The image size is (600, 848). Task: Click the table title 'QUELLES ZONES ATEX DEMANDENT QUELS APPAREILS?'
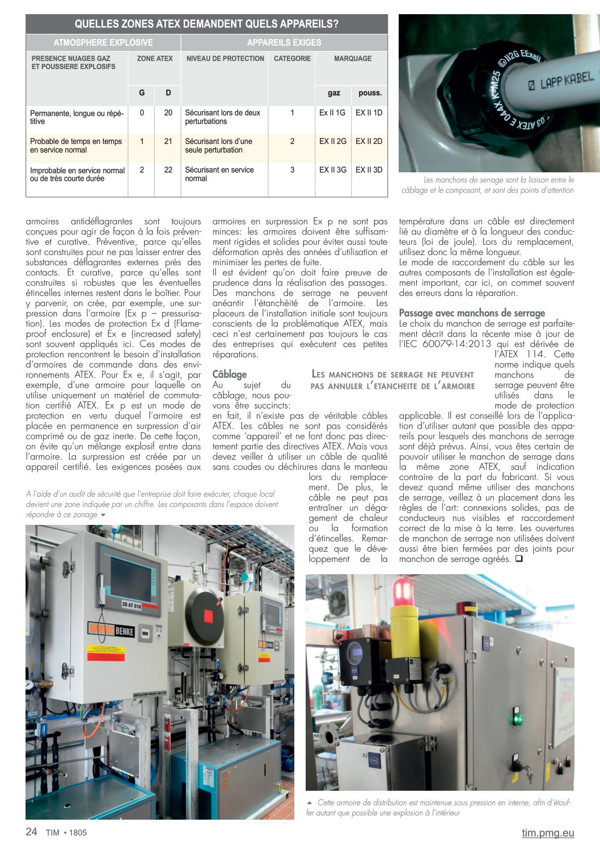click(206, 24)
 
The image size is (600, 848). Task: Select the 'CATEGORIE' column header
click(292, 58)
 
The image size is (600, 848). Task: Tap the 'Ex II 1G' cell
click(332, 113)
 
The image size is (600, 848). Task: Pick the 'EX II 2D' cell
click(369, 141)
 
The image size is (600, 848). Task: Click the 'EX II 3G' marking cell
click(332, 169)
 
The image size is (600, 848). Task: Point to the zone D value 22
click(168, 169)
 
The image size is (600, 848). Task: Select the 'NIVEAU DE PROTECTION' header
click(225, 58)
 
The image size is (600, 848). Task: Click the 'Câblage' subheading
click(230, 374)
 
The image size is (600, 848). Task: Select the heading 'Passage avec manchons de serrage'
click(472, 313)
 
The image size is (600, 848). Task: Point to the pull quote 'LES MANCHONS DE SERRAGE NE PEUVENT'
click(392, 374)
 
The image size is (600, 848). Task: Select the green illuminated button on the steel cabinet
click(517, 713)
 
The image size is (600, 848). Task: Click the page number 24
click(32, 832)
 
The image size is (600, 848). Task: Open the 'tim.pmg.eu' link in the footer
click(548, 833)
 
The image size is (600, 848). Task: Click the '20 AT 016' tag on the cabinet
click(132, 604)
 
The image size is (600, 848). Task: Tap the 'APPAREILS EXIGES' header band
click(284, 43)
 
